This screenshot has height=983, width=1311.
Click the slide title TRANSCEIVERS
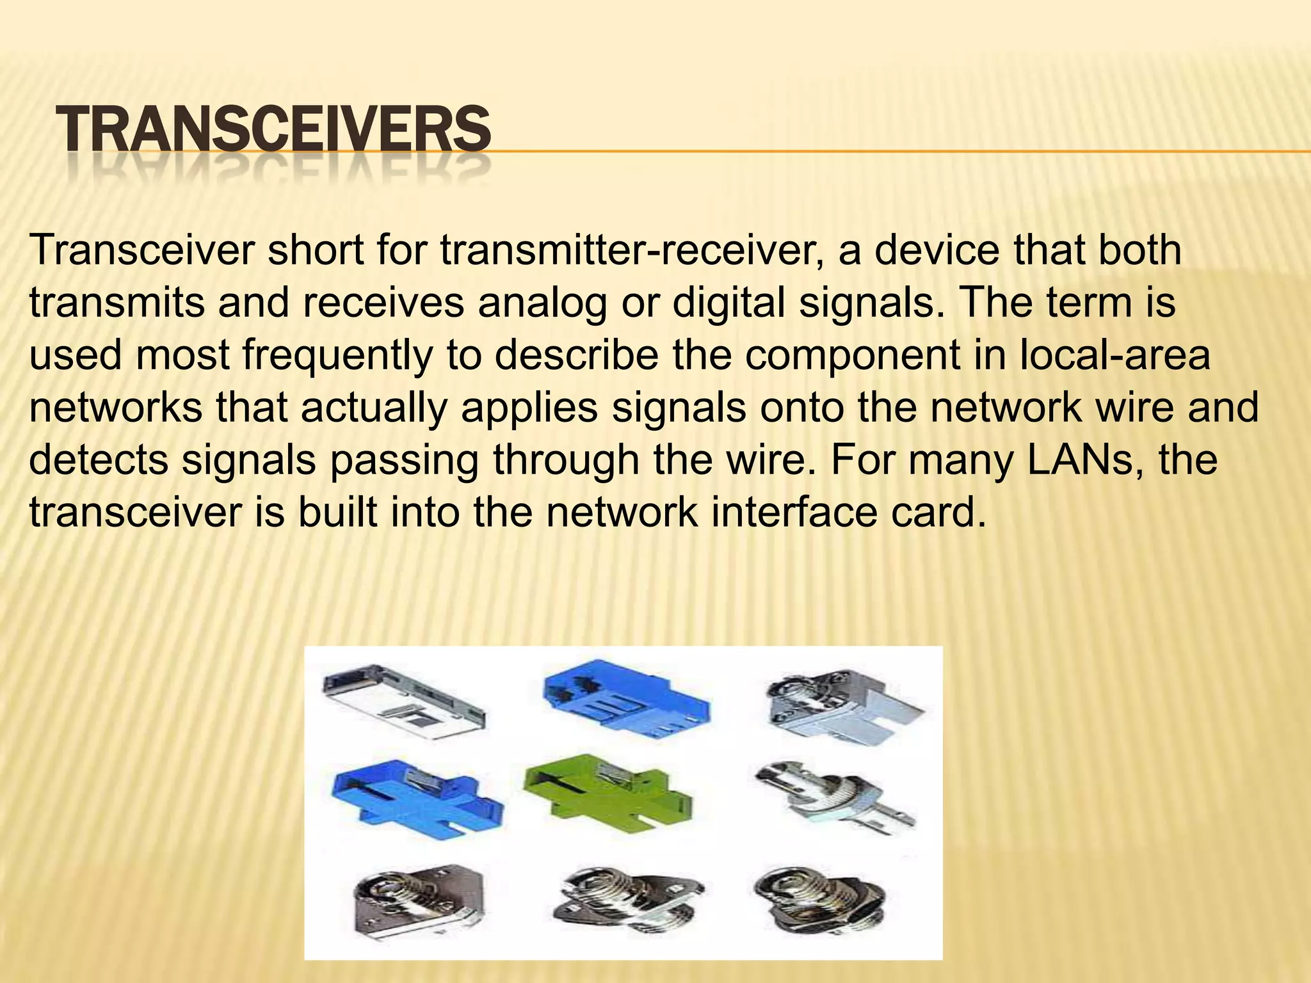(273, 130)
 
